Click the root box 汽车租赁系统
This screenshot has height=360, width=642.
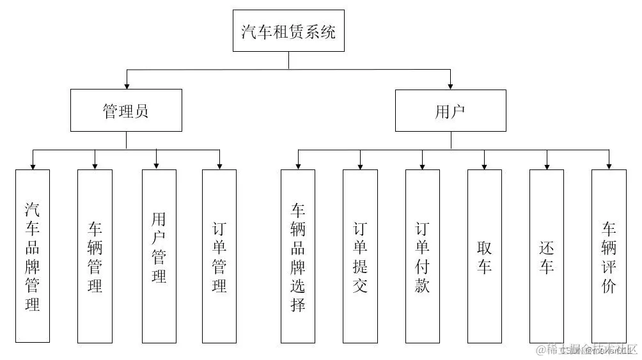pos(288,31)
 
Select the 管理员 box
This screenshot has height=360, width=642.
pos(126,111)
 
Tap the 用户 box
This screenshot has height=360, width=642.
pos(450,111)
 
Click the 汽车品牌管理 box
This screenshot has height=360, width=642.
pos(33,256)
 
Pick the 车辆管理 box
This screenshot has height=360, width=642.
pos(95,256)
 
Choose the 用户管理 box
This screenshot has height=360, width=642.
pos(159,256)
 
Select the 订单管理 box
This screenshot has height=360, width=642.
pos(219,256)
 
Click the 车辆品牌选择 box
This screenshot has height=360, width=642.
pos(298,256)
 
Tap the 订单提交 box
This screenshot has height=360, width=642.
pos(360,256)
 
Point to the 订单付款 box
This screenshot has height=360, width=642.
pos(422,256)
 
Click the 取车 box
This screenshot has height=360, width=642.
pos(484,256)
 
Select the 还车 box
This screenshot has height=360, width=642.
pos(546,256)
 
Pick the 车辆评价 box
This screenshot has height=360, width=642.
pos(609,256)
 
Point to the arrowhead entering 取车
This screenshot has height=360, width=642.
pos(484,166)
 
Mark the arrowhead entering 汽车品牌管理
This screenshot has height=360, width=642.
pos(33,166)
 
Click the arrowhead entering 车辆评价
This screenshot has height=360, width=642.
pos(609,166)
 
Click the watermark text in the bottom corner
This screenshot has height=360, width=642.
pos(587,349)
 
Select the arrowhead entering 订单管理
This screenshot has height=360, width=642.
pos(219,166)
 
